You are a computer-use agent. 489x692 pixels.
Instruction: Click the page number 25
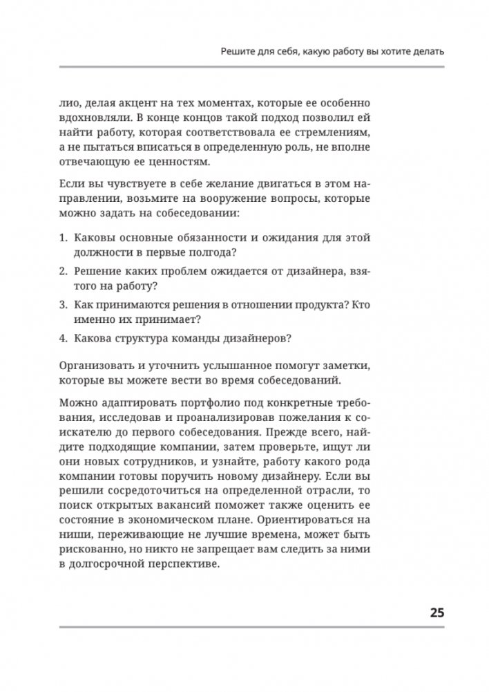click(437, 612)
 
